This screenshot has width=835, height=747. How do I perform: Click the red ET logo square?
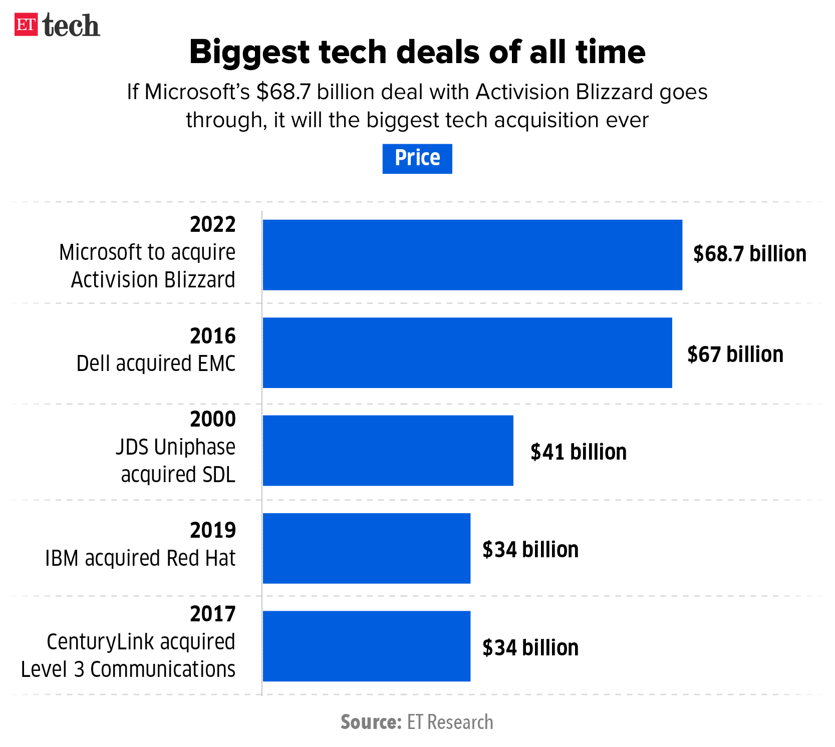[26, 25]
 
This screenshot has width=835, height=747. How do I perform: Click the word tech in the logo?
[72, 26]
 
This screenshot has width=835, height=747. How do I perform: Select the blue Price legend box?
[417, 158]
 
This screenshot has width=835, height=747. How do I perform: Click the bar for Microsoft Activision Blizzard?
[472, 254]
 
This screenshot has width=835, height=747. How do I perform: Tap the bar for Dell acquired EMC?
[467, 352]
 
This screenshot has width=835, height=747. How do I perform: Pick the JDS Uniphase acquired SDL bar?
[388, 450]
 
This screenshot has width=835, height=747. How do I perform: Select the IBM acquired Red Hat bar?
[366, 548]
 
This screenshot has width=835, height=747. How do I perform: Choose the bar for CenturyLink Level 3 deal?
[366, 646]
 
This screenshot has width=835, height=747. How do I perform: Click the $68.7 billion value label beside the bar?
[749, 254]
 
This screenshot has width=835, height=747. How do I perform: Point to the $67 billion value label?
[735, 354]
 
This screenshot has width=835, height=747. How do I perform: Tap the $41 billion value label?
[578, 452]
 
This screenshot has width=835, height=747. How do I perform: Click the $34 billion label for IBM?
[530, 550]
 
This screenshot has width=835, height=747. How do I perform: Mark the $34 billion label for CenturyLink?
[530, 648]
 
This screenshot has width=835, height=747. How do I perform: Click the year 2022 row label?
[212, 225]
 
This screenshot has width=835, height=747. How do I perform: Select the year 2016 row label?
[212, 336]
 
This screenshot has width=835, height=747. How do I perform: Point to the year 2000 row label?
[212, 419]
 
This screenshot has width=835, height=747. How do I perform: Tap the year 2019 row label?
[212, 530]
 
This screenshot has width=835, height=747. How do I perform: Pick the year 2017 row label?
[212, 614]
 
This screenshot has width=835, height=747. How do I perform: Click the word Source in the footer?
[371, 722]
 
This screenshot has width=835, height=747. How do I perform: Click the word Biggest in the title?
[250, 52]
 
